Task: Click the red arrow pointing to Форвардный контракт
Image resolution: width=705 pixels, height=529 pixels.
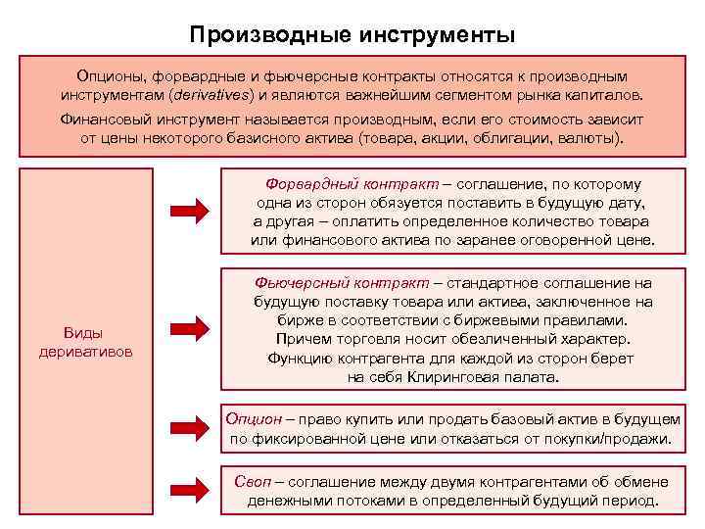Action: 191,211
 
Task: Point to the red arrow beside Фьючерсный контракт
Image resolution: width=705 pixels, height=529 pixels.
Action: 191,328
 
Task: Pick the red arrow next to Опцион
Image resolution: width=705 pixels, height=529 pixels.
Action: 191,428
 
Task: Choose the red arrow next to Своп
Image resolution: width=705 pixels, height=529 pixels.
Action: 191,490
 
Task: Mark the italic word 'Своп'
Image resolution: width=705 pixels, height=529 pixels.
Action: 253,481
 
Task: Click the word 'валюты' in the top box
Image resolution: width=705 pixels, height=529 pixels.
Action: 587,138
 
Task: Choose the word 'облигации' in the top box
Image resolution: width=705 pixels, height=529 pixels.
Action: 516,138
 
